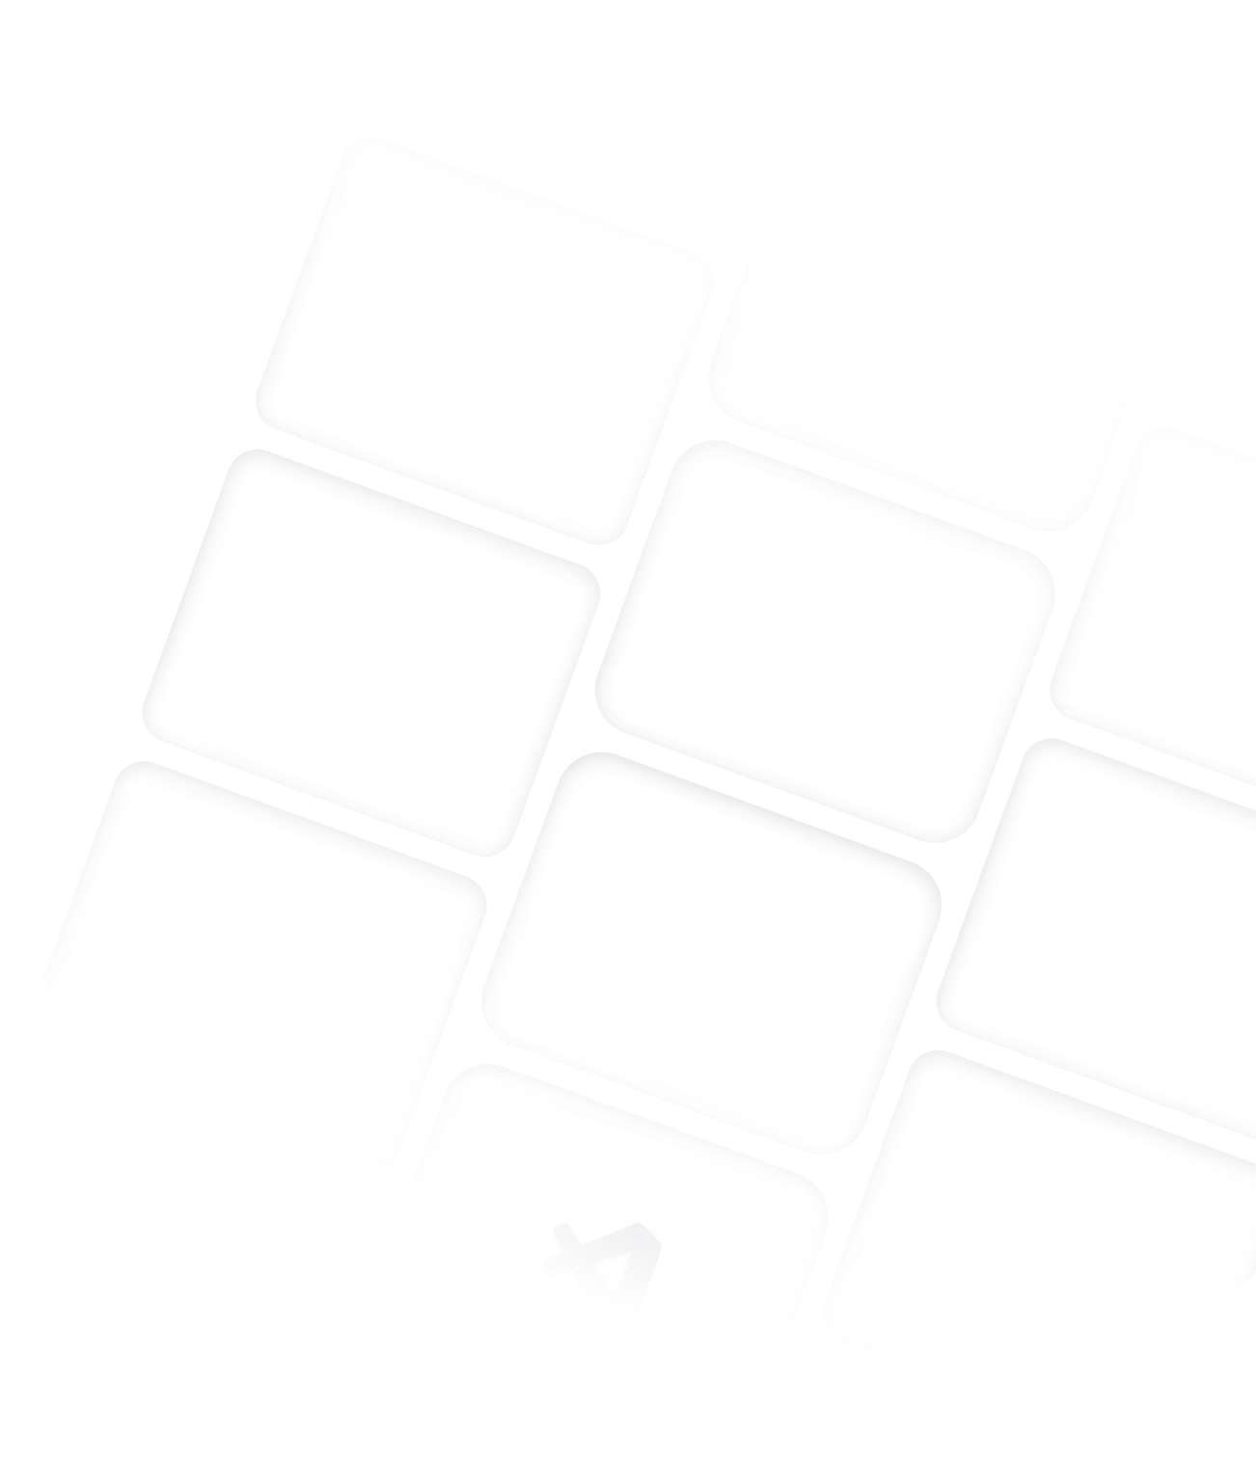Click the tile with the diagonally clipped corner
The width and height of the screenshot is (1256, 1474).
[x=260, y=965]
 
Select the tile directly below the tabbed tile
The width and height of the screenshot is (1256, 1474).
[x=825, y=641]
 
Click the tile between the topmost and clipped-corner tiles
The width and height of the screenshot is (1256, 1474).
[x=371, y=651]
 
